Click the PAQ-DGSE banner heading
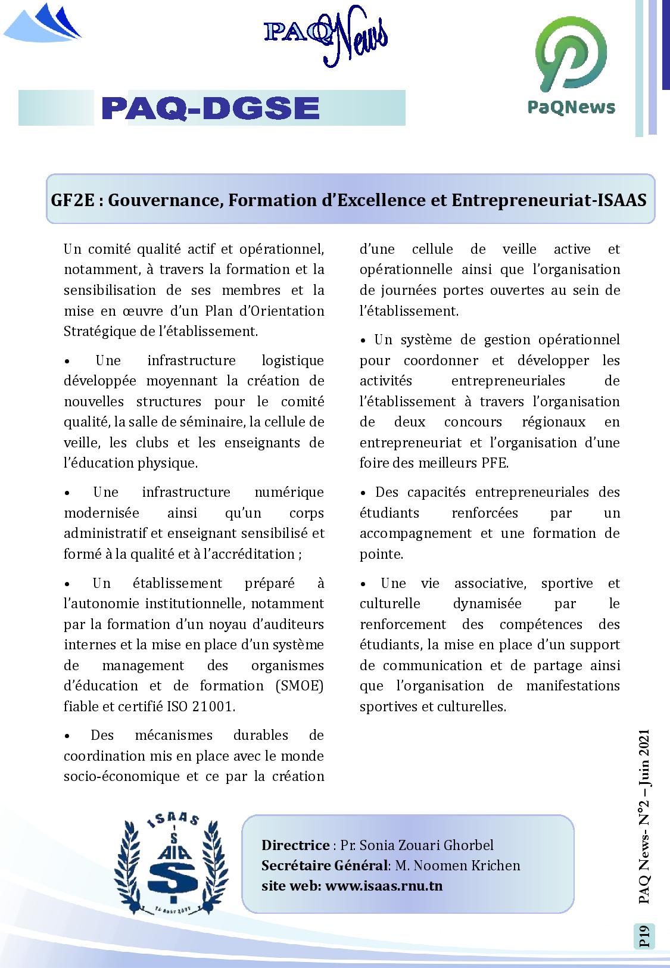click(x=211, y=108)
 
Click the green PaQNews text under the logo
click(x=571, y=107)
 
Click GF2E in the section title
click(x=73, y=200)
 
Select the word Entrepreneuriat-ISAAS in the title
click(x=549, y=200)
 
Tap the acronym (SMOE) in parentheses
click(x=300, y=686)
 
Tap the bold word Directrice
click(x=295, y=845)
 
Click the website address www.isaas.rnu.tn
click(x=384, y=885)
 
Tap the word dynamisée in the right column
click(x=487, y=603)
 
